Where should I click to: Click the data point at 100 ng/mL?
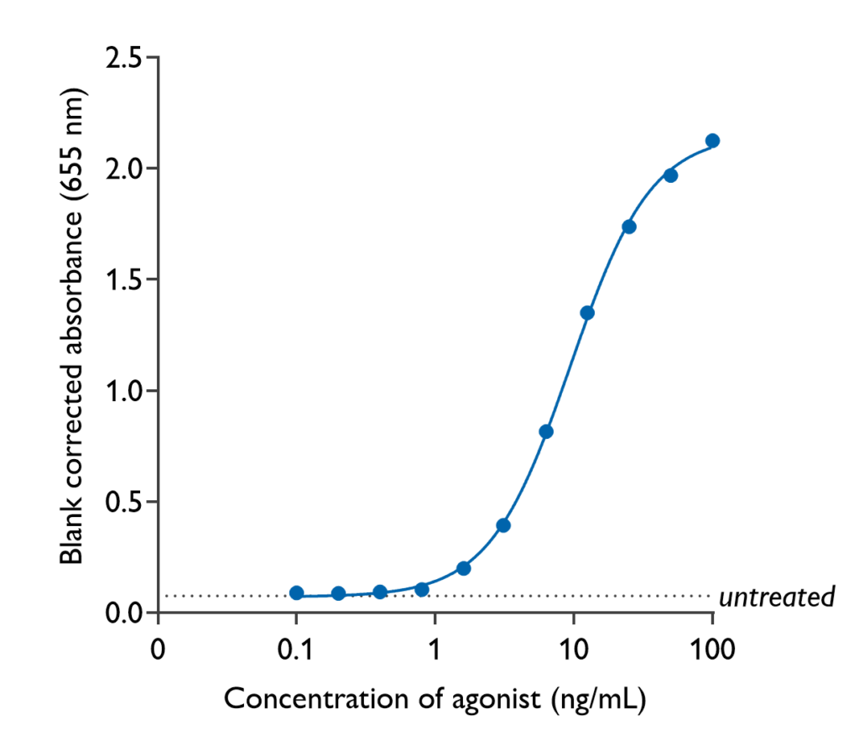pos(712,140)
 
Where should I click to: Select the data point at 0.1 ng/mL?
pos(296,592)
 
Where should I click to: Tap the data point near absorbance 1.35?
pos(587,313)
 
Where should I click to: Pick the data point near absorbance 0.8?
pos(546,431)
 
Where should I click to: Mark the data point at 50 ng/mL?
pos(670,175)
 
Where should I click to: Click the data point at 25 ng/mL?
pos(629,227)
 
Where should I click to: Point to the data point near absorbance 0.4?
pos(503,525)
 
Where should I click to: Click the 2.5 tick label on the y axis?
pos(122,58)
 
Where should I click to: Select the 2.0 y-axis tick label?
pos(122,169)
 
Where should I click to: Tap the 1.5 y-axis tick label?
pos(122,280)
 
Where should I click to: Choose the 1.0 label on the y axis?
pos(122,391)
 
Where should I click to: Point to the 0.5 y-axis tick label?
pos(122,503)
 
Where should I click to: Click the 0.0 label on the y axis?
pos(122,613)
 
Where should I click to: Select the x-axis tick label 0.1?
pos(295,649)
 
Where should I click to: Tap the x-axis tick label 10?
pos(573,649)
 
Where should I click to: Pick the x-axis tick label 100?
pos(712,649)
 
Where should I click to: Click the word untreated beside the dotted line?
pos(778,597)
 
